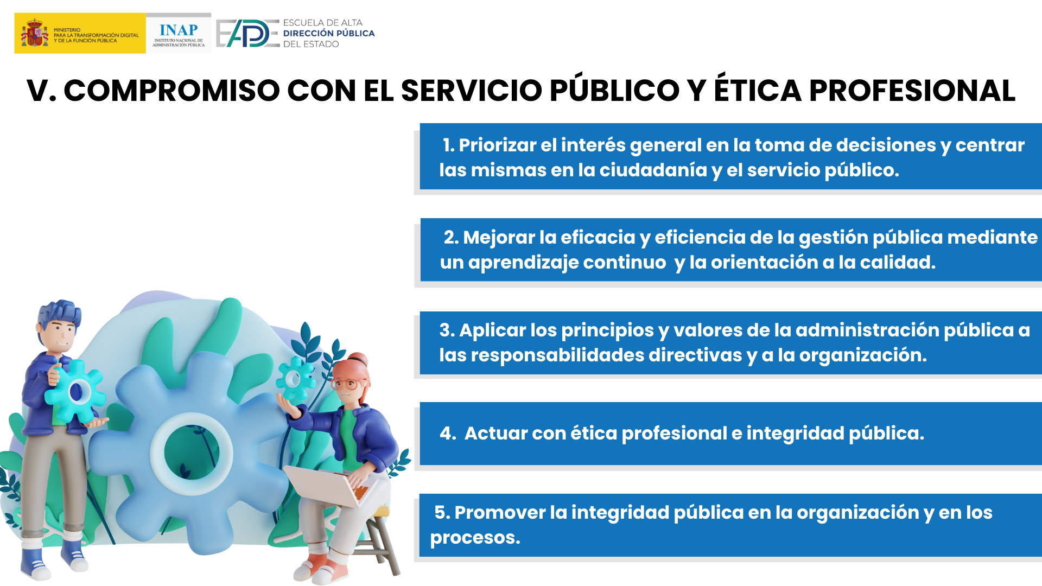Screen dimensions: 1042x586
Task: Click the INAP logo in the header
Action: [179, 34]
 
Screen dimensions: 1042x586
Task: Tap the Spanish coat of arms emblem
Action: [34, 33]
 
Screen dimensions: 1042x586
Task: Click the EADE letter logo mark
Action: [247, 34]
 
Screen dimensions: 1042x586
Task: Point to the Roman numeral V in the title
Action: [37, 90]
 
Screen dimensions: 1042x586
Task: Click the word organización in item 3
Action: [863, 356]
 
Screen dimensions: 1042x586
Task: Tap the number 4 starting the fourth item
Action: [446, 433]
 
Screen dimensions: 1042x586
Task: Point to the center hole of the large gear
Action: [192, 453]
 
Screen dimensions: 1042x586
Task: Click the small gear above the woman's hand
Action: [295, 378]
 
